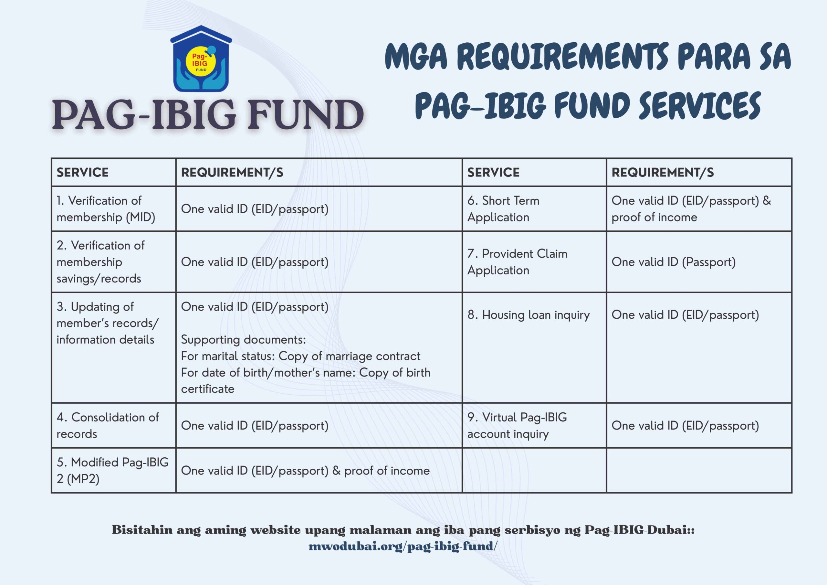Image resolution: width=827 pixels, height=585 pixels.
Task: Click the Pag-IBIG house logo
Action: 201,59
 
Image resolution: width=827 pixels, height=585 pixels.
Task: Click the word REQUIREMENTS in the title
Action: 563,57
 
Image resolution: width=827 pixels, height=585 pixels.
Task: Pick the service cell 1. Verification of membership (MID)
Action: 106,209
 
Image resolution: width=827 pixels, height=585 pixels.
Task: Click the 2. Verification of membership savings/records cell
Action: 100,262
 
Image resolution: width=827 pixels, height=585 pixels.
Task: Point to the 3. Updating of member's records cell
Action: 107,323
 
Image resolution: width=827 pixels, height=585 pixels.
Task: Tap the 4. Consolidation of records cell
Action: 107,425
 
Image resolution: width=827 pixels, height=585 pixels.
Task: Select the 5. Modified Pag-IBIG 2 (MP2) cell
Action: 112,470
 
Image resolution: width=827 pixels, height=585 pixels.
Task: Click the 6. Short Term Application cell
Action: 503,209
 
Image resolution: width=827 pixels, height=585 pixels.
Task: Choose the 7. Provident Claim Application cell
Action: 517,262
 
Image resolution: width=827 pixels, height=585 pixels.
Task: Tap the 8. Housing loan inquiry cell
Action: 529,315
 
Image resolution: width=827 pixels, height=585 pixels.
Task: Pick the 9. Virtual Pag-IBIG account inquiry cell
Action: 517,425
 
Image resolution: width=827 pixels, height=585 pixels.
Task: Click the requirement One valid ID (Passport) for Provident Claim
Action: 673,262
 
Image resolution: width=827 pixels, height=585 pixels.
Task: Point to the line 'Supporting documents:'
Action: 243,340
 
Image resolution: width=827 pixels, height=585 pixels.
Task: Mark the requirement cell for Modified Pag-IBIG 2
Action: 305,470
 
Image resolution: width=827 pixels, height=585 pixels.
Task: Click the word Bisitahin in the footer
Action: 142,530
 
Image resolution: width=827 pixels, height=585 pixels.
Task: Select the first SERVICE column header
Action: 82,172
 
